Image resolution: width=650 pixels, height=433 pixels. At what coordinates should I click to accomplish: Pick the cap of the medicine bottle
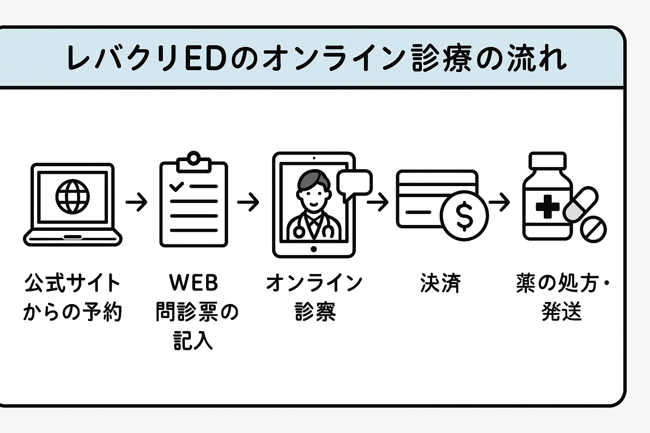tap(547, 161)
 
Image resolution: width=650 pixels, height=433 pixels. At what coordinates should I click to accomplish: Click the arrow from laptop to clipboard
tap(136, 202)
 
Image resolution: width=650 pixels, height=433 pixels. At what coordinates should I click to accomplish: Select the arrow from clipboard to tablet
tap(248, 202)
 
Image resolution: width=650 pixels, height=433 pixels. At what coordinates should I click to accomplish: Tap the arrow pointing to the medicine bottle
tap(499, 202)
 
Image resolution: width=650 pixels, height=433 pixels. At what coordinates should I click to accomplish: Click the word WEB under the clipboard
tap(193, 283)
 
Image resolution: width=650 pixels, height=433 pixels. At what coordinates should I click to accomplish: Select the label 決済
tap(440, 283)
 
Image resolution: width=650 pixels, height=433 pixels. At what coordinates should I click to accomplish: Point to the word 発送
tap(562, 312)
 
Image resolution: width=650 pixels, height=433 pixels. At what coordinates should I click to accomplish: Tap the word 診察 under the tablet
tap(315, 312)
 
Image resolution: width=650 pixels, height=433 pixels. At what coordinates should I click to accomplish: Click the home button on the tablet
tap(314, 249)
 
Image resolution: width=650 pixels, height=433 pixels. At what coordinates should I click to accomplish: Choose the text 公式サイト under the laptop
tap(72, 283)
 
